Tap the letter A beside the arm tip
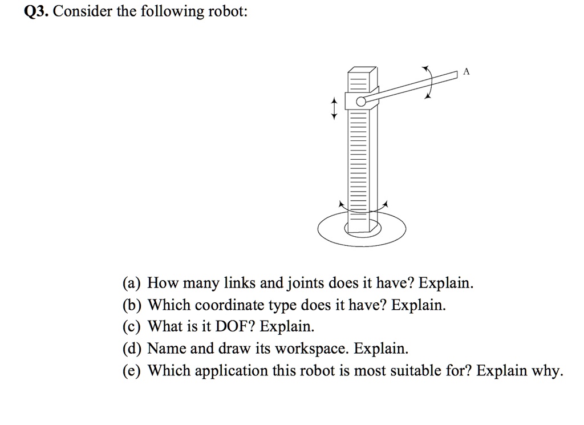(467, 72)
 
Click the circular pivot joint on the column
(360, 102)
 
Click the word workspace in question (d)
(303, 349)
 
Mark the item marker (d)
(133, 349)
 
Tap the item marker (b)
(133, 305)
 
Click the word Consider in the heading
(83, 12)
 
